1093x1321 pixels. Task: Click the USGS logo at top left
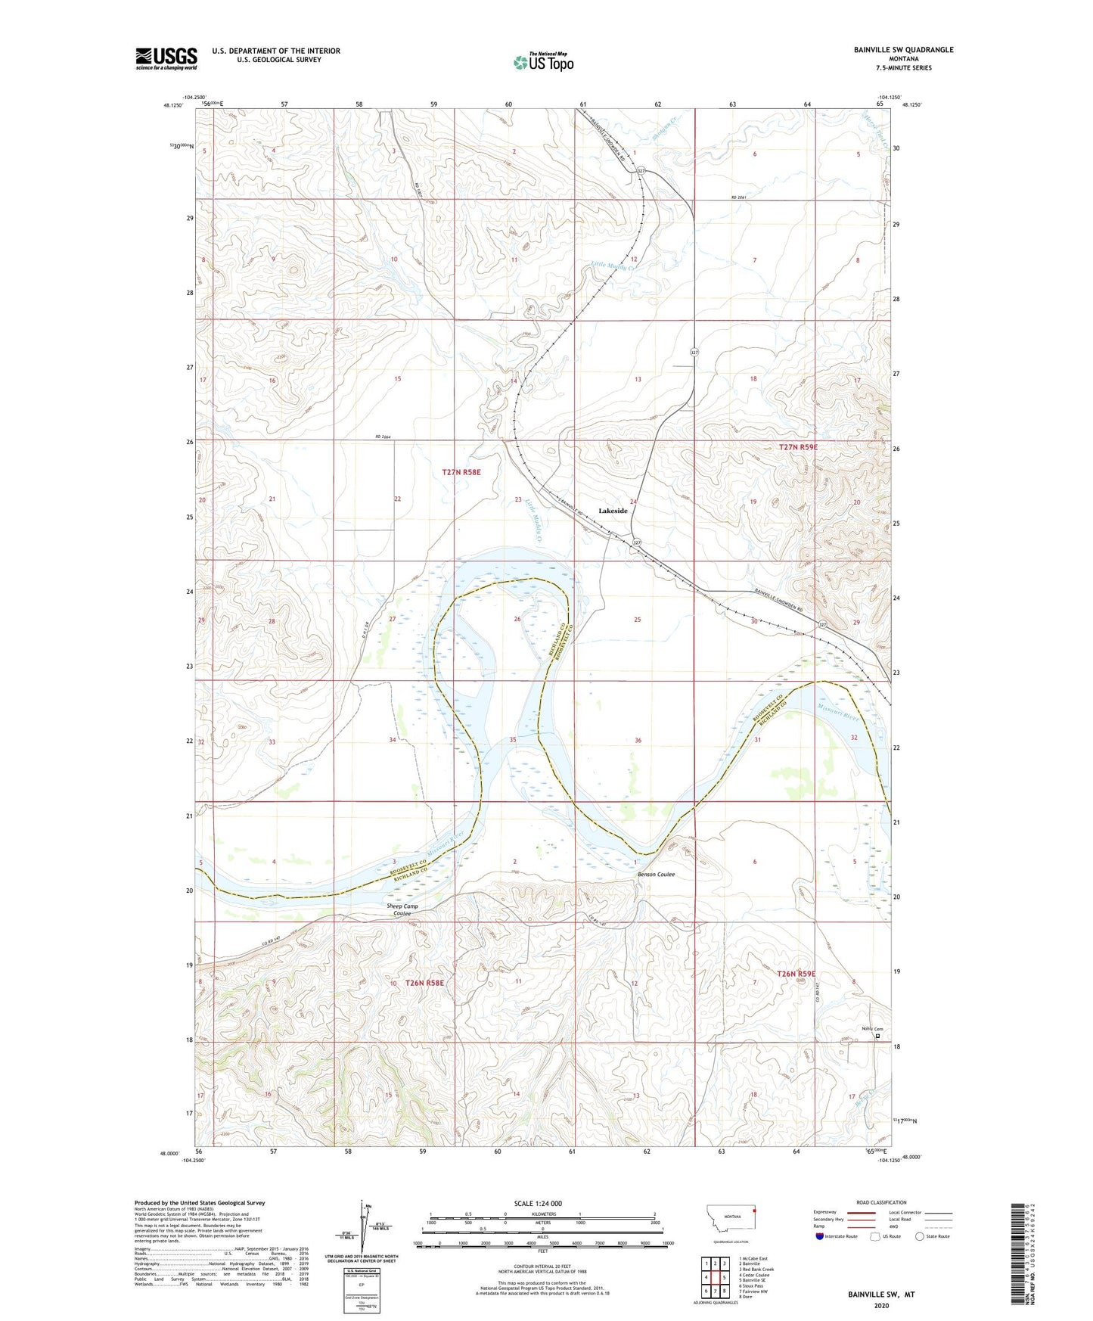click(x=166, y=58)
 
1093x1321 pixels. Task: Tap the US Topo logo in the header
click(x=542, y=62)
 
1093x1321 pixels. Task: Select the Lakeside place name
click(x=613, y=511)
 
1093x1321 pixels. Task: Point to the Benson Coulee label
click(x=656, y=875)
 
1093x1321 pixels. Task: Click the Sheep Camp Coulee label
click(x=402, y=909)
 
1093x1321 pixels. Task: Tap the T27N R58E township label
click(x=461, y=472)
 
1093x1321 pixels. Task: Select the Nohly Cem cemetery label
click(x=872, y=1028)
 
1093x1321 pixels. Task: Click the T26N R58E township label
click(x=424, y=983)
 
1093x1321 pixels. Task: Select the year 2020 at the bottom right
click(x=880, y=1306)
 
